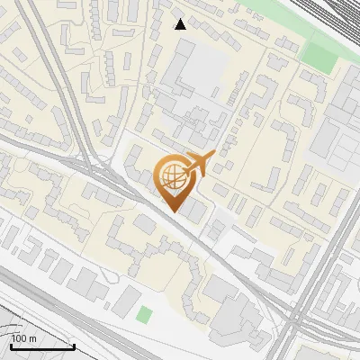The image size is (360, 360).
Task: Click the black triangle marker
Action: [181, 23]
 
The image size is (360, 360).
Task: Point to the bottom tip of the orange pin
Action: [173, 211]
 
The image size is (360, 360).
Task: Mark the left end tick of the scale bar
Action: [11, 346]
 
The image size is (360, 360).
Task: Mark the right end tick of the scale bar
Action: [74, 346]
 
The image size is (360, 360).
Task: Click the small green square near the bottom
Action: [144, 314]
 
